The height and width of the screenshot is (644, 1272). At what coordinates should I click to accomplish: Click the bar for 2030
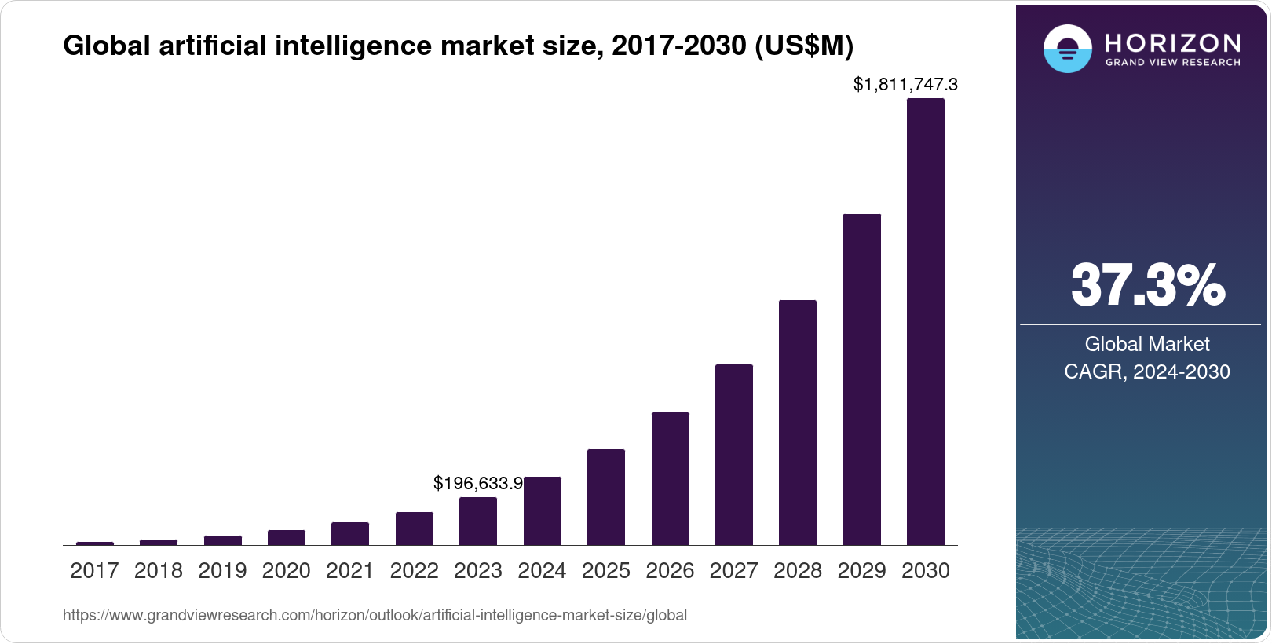[x=925, y=322]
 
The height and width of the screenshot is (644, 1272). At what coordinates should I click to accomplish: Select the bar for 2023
[x=478, y=521]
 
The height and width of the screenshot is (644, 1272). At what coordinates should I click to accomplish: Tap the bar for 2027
[x=733, y=455]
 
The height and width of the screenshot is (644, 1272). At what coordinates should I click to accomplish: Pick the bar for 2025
[x=606, y=497]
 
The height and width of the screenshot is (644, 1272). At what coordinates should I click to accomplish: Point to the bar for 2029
[x=861, y=379]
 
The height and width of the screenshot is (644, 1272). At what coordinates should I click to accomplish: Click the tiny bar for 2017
[x=95, y=543]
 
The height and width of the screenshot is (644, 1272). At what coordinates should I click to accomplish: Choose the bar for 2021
[x=350, y=534]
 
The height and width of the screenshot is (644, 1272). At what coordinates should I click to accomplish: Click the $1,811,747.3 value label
[x=905, y=84]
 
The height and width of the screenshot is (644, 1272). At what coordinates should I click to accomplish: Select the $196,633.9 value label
[x=478, y=484]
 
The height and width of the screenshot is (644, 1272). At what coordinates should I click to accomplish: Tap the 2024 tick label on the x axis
[x=542, y=571]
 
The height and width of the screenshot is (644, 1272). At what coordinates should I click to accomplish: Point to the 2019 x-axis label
[x=222, y=571]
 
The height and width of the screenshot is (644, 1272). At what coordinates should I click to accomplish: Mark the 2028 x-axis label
[x=798, y=571]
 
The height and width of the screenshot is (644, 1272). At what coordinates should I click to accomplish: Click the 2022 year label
[x=414, y=571]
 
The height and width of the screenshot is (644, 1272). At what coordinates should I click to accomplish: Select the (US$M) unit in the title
[x=803, y=46]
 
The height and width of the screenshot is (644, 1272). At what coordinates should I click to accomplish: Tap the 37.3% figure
[x=1147, y=285]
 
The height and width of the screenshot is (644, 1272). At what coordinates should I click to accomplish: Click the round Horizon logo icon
[x=1067, y=49]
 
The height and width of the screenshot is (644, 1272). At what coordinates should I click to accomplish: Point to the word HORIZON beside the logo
[x=1172, y=42]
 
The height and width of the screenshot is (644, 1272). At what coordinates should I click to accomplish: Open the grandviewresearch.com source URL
[x=375, y=616]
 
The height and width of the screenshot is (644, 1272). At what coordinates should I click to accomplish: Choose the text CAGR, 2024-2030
[x=1147, y=371]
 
